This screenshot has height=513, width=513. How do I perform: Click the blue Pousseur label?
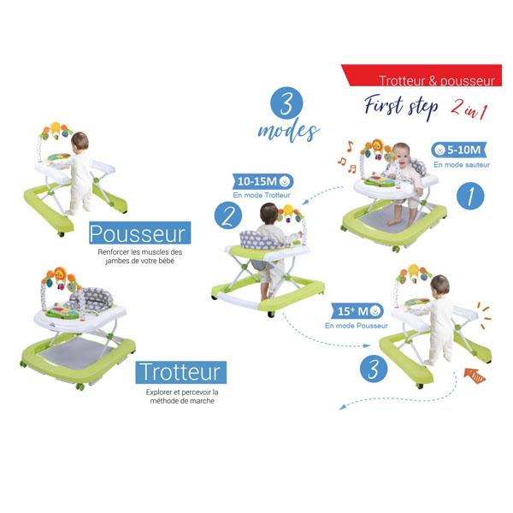(x=139, y=233)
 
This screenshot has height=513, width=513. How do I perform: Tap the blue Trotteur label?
(x=181, y=372)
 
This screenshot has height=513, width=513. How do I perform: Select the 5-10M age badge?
(x=459, y=150)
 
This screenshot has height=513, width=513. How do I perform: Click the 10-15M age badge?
(x=263, y=181)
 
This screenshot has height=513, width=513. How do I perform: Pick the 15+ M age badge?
(x=357, y=311)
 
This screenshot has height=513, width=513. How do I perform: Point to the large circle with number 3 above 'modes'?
(x=286, y=103)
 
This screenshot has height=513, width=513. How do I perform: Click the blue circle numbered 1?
(x=470, y=196)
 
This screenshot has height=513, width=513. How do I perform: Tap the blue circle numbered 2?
(x=228, y=216)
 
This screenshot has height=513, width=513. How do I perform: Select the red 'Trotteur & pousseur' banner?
(x=422, y=75)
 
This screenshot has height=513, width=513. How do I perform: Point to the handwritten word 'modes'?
(x=289, y=132)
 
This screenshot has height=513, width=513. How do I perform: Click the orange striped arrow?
(x=475, y=375)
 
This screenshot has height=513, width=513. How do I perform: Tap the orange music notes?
(x=346, y=157)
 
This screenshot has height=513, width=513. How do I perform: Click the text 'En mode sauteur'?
(x=462, y=165)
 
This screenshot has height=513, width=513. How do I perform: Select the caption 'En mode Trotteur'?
(x=262, y=195)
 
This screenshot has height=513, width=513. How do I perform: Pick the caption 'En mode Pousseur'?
(x=357, y=326)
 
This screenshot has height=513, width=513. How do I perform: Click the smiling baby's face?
(x=402, y=154)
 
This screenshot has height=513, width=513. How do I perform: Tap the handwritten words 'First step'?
(x=401, y=106)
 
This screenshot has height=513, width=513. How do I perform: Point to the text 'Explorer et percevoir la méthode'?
(x=182, y=396)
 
